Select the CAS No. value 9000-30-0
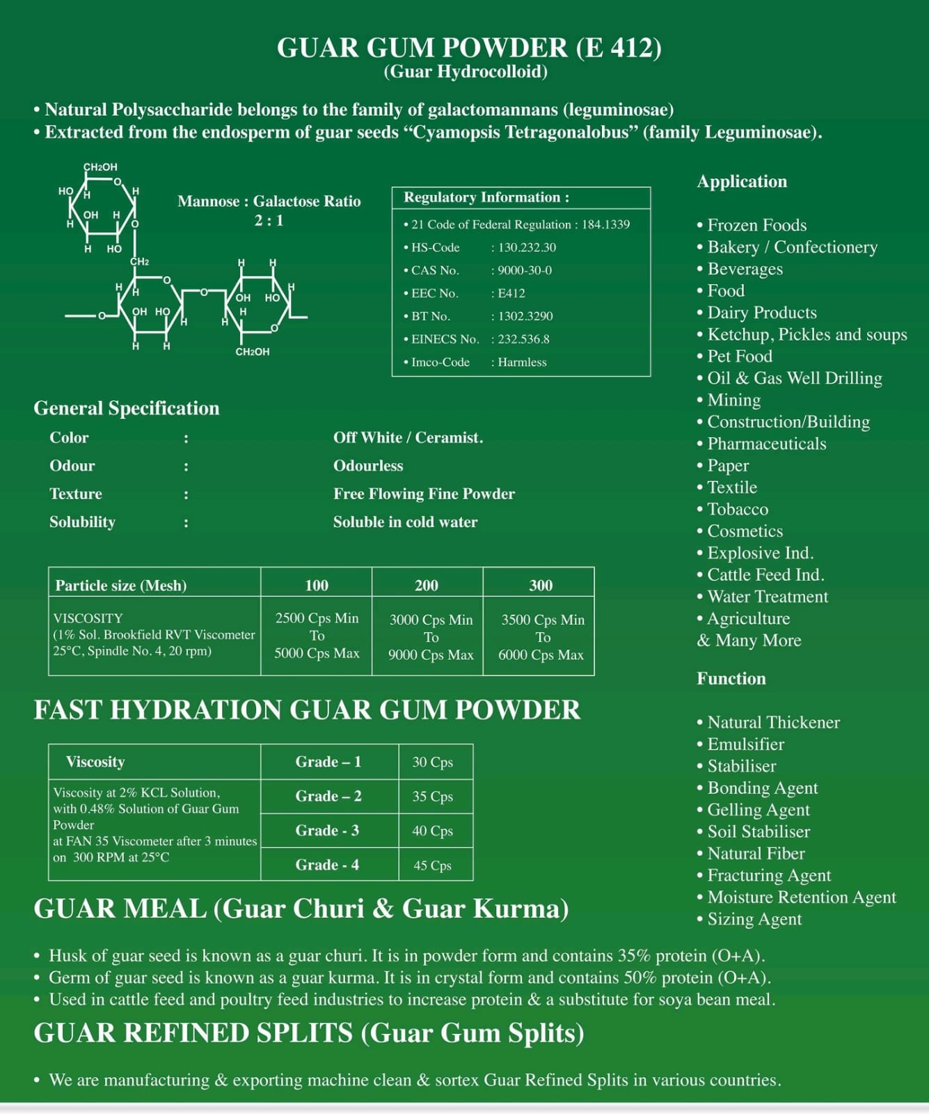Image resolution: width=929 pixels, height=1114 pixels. (x=525, y=270)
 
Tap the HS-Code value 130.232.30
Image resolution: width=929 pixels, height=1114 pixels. (x=527, y=247)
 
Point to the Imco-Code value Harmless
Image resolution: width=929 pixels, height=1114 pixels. (x=522, y=362)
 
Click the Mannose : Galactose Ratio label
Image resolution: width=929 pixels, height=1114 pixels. (x=269, y=201)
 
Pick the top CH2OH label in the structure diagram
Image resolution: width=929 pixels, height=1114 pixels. (x=100, y=167)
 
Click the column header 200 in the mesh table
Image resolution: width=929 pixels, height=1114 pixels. (x=427, y=586)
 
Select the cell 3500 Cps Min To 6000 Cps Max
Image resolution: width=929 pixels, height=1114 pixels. (x=541, y=637)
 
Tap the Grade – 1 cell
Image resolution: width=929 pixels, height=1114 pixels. (x=328, y=762)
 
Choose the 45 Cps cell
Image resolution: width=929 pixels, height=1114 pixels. (x=432, y=865)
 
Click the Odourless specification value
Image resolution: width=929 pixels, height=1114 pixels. (x=368, y=466)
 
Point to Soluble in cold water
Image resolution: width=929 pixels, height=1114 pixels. (x=405, y=522)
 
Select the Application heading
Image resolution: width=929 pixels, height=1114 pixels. (x=742, y=182)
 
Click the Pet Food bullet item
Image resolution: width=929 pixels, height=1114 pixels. (x=739, y=356)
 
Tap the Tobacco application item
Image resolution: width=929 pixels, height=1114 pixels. (x=738, y=510)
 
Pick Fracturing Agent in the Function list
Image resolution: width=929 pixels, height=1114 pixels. (x=769, y=875)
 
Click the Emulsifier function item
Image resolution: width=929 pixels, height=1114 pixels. (x=745, y=744)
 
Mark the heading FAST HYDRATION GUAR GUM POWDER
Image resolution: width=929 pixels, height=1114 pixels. (x=307, y=710)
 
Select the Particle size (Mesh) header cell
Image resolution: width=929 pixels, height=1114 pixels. (x=121, y=586)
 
